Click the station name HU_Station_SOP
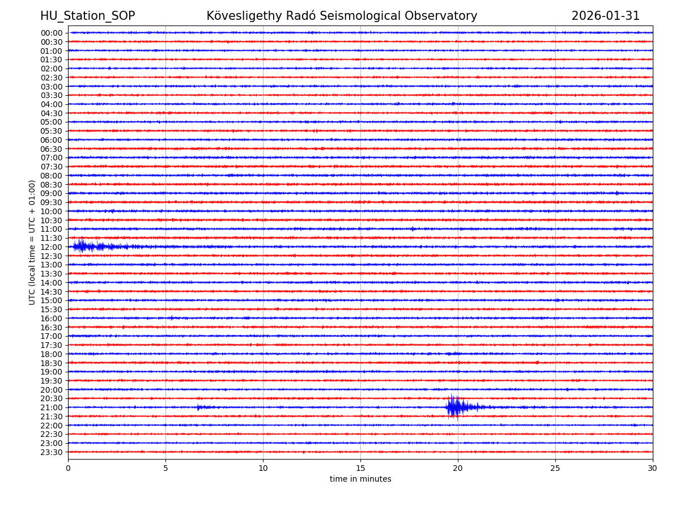tap(87, 16)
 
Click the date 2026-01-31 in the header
tap(605, 16)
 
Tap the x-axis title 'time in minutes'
tap(360, 479)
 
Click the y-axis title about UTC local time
tap(32, 242)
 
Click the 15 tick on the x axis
tap(360, 469)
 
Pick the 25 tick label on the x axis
tap(555, 469)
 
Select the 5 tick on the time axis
tap(165, 469)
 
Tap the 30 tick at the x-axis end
tap(653, 469)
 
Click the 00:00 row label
tap(52, 33)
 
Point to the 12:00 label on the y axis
tap(52, 247)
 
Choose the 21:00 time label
tap(52, 407)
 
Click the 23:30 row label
tap(52, 452)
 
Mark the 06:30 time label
tap(52, 149)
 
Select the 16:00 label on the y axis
tap(52, 318)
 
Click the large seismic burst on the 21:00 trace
tap(454, 407)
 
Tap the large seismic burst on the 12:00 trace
tap(82, 246)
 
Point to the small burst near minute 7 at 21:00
tap(199, 407)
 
